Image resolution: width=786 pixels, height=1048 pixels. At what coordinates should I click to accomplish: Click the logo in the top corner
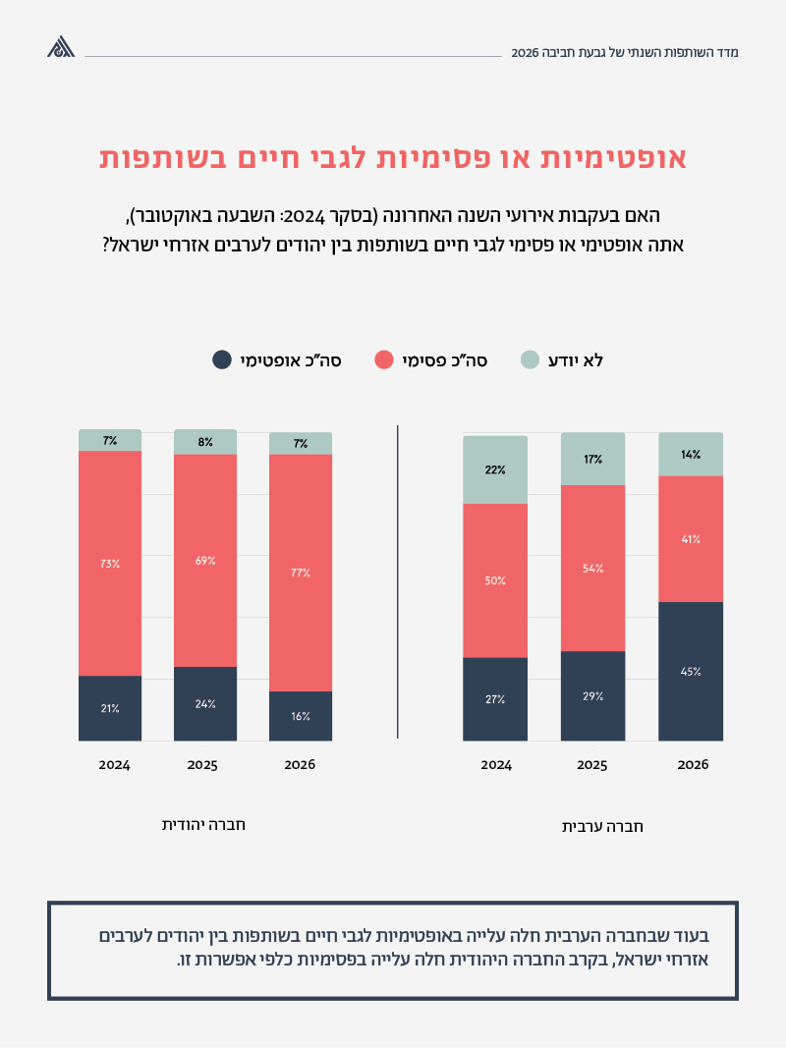(x=61, y=47)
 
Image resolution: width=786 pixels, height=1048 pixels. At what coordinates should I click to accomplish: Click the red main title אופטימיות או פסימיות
(x=393, y=159)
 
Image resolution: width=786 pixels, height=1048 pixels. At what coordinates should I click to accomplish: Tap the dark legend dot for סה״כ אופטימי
(x=222, y=359)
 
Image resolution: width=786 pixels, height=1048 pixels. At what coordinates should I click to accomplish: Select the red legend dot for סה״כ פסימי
(x=384, y=359)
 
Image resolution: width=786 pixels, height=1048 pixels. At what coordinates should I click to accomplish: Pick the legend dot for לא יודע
(x=530, y=359)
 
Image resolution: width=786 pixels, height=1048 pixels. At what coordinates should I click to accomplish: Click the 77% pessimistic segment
(x=301, y=573)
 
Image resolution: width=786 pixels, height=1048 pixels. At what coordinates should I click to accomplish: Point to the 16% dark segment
(x=301, y=716)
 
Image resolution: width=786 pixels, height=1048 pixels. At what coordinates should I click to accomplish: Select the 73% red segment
(x=110, y=564)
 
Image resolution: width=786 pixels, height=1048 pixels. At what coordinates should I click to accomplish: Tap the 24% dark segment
(x=205, y=703)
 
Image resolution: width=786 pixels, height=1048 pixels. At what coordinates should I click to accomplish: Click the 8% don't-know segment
(x=205, y=442)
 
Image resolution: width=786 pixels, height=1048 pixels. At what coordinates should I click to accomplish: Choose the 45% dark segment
(x=691, y=672)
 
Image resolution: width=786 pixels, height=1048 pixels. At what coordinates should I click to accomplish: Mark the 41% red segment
(x=691, y=539)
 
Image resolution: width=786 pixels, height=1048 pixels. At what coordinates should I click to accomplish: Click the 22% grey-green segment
(x=495, y=470)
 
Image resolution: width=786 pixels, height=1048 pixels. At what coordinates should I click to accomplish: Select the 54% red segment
(x=592, y=569)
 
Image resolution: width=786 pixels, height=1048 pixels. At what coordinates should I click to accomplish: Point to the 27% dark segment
(x=495, y=699)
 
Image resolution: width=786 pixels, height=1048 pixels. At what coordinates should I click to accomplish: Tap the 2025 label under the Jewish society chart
(x=203, y=764)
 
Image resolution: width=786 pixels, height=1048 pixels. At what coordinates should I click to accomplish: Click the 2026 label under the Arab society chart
(x=693, y=764)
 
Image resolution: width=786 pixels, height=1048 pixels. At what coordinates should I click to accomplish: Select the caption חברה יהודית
(x=203, y=824)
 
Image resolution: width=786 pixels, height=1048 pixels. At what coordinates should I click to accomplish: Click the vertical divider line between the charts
(x=398, y=581)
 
